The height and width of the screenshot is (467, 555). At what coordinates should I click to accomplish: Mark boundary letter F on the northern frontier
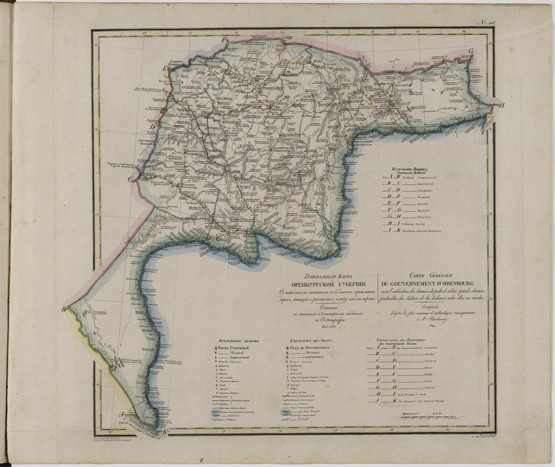pos(223,40)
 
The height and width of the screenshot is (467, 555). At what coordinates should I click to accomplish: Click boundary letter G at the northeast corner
pos(470,51)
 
